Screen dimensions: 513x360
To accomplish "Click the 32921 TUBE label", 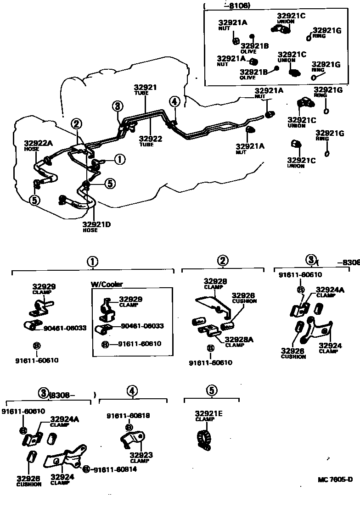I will click(x=146, y=89).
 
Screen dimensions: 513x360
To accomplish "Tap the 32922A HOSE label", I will click(x=39, y=145).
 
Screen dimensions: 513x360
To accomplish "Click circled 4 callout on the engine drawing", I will click(x=174, y=102).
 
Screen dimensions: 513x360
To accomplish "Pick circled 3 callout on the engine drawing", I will click(x=118, y=106).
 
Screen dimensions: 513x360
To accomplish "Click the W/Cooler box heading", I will click(x=107, y=284).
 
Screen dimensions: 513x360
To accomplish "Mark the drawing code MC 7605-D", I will click(x=335, y=480).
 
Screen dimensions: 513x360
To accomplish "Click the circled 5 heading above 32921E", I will click(x=211, y=390).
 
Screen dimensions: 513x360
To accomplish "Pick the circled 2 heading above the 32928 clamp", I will click(x=222, y=261).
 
